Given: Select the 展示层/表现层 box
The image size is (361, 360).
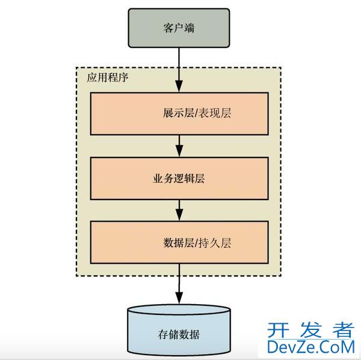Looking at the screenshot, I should coord(179,114).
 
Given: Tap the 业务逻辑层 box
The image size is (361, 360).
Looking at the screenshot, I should coord(179,178).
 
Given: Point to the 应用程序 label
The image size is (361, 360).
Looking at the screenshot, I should coord(107,79).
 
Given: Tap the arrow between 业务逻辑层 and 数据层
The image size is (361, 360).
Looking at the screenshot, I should coord(179,210).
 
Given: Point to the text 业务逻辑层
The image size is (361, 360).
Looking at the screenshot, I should coord(179,178).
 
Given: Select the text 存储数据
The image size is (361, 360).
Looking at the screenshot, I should coord(179,335).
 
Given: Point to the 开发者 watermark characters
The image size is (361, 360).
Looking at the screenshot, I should coord(310,329).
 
